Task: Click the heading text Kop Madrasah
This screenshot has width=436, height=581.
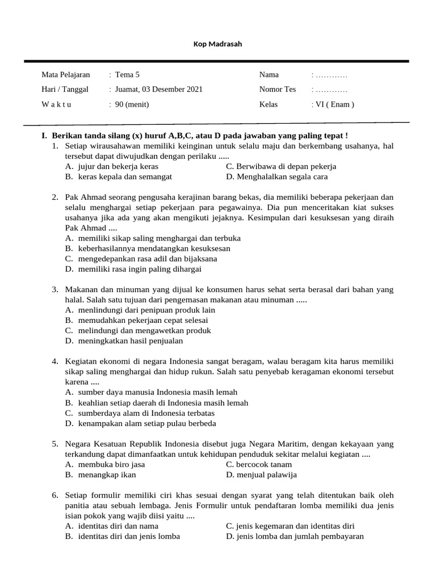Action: (218, 44)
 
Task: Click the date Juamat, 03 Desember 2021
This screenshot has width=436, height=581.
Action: (158, 89)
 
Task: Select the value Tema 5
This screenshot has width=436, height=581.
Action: (127, 74)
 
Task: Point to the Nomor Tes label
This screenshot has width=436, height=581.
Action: (278, 89)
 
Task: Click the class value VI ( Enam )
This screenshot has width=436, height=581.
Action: (334, 104)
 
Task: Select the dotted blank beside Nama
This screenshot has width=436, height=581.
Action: (331, 75)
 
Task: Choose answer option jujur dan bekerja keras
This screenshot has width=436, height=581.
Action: (118, 167)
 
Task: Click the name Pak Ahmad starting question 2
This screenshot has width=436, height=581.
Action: (85, 197)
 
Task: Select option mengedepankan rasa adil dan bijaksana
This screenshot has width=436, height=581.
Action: (140, 259)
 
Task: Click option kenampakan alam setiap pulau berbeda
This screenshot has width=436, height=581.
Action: (147, 423)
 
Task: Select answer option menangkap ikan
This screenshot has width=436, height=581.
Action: (107, 475)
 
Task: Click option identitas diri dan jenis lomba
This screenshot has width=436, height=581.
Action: (129, 536)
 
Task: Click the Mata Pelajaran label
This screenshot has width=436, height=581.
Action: (65, 74)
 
